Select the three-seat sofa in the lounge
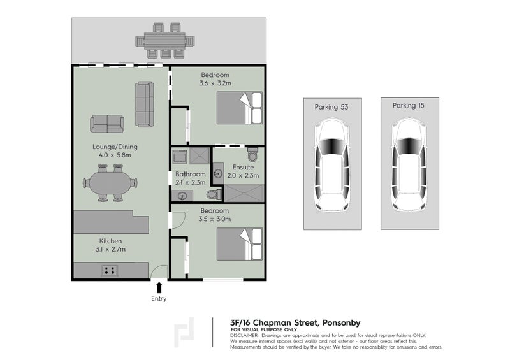[x=145, y=104]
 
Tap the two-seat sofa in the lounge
[x=107, y=123]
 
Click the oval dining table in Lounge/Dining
[x=110, y=183]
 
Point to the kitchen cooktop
[x=110, y=270]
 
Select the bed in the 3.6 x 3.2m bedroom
[x=239, y=108]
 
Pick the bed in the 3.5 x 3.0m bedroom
[x=239, y=244]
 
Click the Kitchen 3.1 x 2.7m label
[x=111, y=245]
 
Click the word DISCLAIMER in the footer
[x=244, y=335]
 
